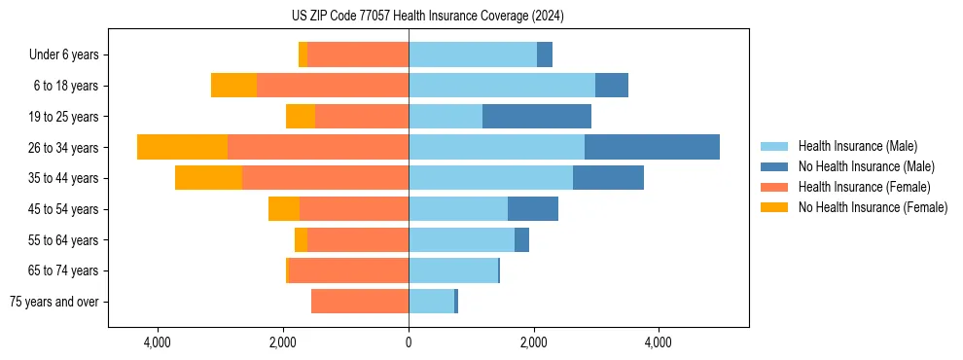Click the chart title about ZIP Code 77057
coord(427,17)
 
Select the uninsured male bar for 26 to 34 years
coord(652,147)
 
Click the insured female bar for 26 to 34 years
coord(317,147)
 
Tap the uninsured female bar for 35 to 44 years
coord(208,178)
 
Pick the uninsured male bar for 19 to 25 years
coord(536,117)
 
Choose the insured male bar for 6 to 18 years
coord(501,86)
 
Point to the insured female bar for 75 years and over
coord(360,302)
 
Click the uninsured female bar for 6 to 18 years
coord(233,86)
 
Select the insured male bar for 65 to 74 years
coord(453,270)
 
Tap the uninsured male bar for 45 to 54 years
coord(532,209)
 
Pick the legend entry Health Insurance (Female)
coord(864,187)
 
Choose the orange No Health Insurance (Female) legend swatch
coord(775,207)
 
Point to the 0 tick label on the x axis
coord(409,343)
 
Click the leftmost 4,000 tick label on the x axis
coord(158,343)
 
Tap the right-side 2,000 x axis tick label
coord(533,343)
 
